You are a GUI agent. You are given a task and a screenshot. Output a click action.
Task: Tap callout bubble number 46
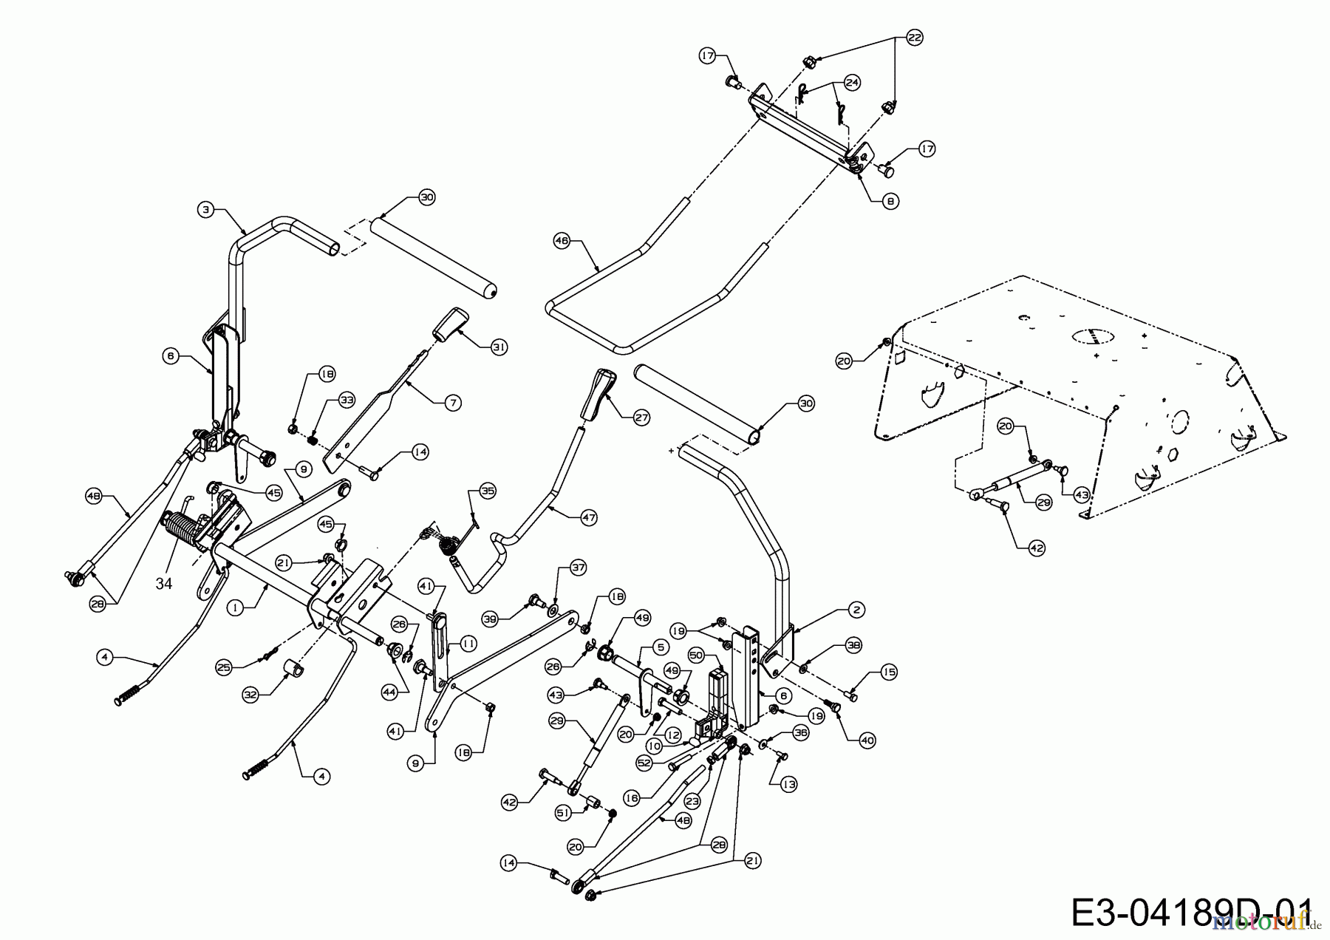562,240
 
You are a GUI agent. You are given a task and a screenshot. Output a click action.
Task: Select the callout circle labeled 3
206,210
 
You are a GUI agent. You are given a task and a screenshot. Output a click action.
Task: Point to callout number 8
891,200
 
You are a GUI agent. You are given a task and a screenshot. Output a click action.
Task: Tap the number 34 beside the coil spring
163,584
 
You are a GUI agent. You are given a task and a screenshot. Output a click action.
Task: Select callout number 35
488,491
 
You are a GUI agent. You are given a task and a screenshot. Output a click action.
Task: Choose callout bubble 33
347,400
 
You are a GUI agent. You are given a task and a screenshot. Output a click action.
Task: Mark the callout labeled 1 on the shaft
234,607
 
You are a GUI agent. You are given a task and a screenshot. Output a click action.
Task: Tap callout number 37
577,568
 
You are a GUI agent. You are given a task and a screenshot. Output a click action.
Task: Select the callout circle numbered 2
856,610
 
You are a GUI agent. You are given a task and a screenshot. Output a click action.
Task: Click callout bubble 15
889,672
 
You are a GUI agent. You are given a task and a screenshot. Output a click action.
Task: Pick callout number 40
866,740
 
